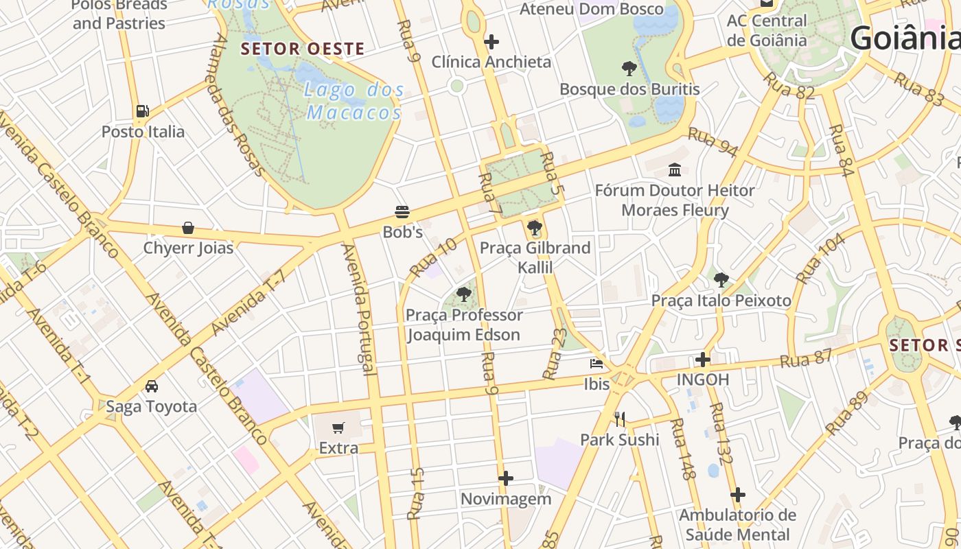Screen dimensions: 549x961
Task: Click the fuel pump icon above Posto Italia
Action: pyautogui.click(x=142, y=110)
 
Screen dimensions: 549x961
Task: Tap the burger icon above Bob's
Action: pyautogui.click(x=402, y=211)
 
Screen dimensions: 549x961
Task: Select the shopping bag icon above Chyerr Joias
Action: pyautogui.click(x=188, y=228)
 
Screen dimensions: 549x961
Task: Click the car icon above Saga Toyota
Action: pyautogui.click(x=152, y=386)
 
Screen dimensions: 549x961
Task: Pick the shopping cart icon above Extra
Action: pyautogui.click(x=338, y=428)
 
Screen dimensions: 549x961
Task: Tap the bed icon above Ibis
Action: pyautogui.click(x=597, y=364)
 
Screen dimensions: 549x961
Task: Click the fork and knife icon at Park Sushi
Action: pyautogui.click(x=620, y=419)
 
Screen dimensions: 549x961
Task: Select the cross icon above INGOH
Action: pyautogui.click(x=702, y=359)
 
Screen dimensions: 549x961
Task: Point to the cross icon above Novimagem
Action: pyautogui.click(x=506, y=478)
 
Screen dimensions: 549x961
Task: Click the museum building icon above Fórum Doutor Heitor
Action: pyautogui.click(x=675, y=170)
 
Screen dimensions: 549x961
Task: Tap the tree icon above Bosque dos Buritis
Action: pyautogui.click(x=629, y=69)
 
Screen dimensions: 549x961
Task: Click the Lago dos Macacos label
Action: pyautogui.click(x=354, y=101)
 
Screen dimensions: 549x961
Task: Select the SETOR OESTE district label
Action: pyautogui.click(x=303, y=49)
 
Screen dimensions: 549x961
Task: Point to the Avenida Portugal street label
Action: pyautogui.click(x=359, y=309)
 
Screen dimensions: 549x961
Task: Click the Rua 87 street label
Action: pyautogui.click(x=806, y=358)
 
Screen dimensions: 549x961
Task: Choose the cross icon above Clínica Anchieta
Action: pyautogui.click(x=491, y=42)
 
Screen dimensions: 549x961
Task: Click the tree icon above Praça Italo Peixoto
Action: pyautogui.click(x=721, y=280)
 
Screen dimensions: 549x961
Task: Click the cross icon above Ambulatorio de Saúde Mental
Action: pyautogui.click(x=738, y=495)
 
